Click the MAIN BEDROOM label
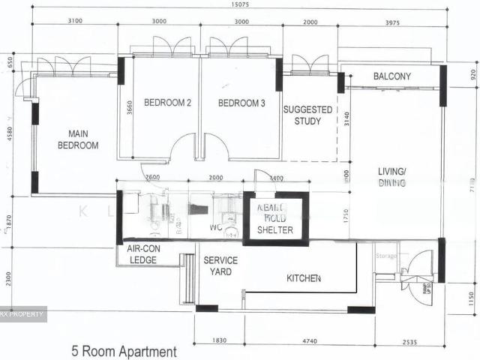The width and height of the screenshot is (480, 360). (78, 139)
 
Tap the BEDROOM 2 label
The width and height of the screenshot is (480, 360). (167, 103)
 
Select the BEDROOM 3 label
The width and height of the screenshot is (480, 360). (241, 103)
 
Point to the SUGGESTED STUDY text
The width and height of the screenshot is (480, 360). (307, 115)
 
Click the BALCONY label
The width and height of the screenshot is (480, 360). (391, 76)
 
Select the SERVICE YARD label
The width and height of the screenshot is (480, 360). (220, 265)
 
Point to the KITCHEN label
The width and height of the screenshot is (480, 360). (304, 278)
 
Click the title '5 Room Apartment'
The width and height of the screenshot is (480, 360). (124, 351)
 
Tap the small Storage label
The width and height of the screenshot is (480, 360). (385, 256)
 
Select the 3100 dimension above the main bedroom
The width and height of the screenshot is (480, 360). (73, 22)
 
